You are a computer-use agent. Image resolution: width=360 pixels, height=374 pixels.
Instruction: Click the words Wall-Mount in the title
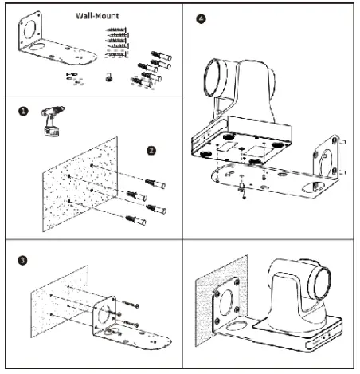pos(97,16)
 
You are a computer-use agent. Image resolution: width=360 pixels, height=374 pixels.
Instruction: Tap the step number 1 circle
pos(23,111)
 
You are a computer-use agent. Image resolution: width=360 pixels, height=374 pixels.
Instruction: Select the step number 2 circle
pos(151,151)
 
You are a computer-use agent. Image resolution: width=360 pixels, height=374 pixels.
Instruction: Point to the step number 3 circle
pos(23,260)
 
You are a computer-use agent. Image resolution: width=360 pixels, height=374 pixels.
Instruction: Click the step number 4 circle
pos(201,19)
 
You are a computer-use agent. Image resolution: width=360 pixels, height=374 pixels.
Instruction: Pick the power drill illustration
pos(53,121)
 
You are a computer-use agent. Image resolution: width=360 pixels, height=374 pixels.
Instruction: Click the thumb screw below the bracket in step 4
pos(242,188)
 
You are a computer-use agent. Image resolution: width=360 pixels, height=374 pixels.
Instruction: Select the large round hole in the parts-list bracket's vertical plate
pos(29,30)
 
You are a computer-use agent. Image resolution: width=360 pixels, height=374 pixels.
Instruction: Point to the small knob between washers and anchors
pos(108,77)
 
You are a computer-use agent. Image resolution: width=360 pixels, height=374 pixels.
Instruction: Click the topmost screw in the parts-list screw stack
pos(116,30)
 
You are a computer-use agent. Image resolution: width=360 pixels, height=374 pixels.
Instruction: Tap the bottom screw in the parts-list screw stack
pos(115,54)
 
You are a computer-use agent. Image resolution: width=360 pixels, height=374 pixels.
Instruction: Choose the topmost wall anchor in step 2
pos(155,183)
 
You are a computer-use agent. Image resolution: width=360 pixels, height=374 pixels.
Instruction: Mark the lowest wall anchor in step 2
pos(135,220)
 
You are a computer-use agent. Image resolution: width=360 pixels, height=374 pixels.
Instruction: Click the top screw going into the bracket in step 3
pos(131,304)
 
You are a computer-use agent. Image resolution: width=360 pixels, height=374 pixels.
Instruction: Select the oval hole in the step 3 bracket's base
pos(112,332)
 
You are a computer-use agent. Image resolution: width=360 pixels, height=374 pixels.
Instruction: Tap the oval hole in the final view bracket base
pos(237,325)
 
